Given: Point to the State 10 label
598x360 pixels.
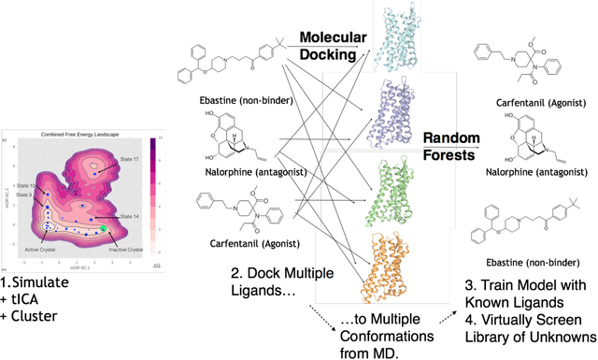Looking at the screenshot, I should point(26,186).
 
